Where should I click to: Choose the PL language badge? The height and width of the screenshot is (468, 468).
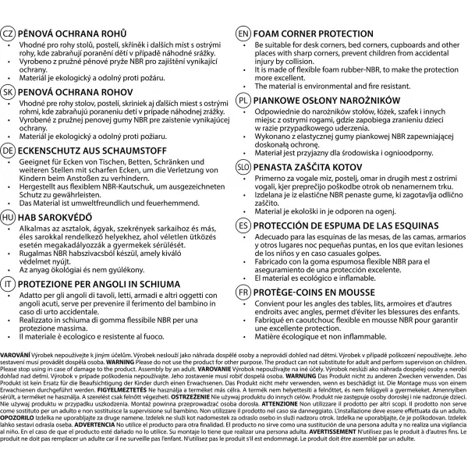coord(243,101)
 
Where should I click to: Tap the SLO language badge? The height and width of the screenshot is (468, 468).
coord(243,167)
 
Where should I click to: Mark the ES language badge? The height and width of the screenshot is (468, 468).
coord(243,224)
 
